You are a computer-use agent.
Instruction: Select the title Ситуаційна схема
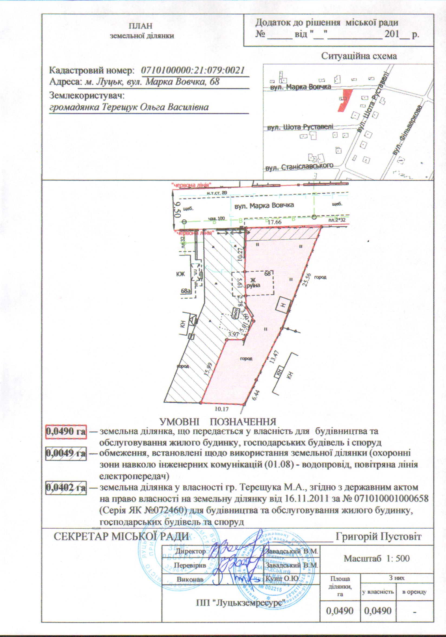click(x=359, y=56)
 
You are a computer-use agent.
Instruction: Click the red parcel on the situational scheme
click(x=344, y=100)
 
